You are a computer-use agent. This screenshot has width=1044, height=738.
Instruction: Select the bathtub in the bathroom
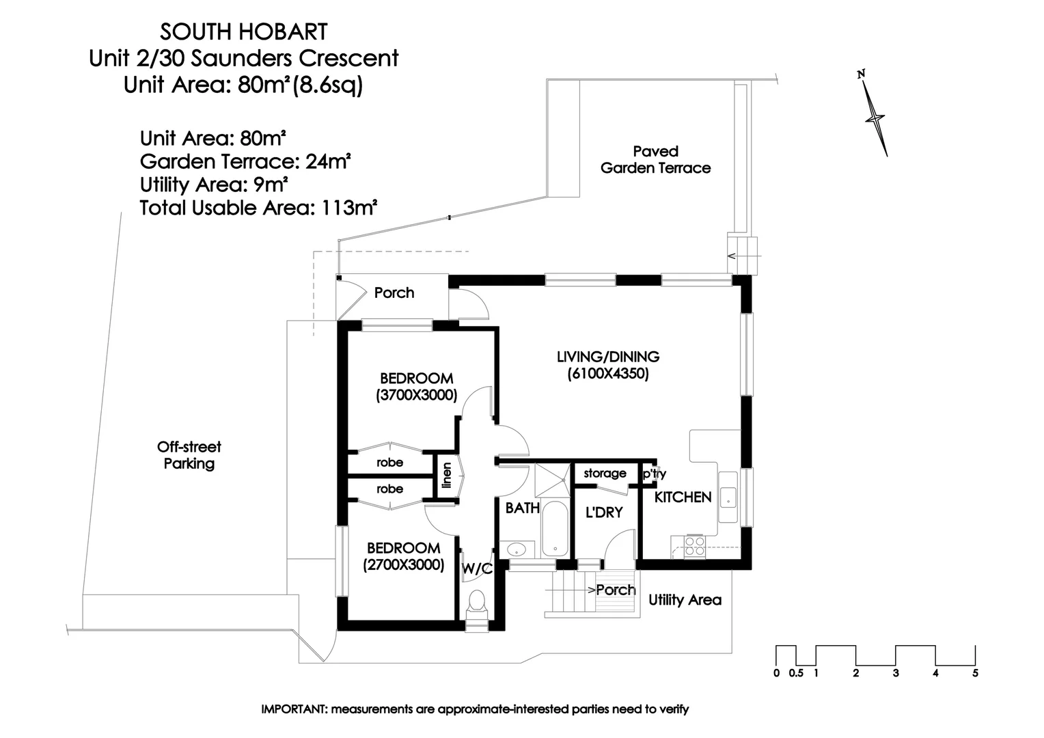[555, 530]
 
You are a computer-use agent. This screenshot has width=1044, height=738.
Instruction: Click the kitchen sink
[728, 496]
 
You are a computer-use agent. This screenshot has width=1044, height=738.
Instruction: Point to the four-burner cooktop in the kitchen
[695, 545]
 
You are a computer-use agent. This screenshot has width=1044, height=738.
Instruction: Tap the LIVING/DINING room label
[607, 357]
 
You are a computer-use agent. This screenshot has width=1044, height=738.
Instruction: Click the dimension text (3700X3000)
[416, 395]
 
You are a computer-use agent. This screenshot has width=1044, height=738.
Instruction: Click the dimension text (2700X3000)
[403, 565]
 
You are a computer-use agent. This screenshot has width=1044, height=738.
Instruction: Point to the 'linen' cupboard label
[447, 476]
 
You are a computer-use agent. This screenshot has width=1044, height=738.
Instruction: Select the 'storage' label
[605, 473]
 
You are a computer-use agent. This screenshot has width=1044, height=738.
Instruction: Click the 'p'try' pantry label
[653, 474]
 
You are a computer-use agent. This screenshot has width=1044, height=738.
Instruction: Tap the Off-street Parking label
[189, 455]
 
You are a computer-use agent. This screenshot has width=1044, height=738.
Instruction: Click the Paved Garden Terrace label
[655, 160]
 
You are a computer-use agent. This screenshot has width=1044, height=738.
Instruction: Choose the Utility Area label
[685, 600]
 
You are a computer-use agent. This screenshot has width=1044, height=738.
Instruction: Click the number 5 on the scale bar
[975, 673]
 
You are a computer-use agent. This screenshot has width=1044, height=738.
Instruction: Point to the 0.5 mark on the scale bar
[796, 673]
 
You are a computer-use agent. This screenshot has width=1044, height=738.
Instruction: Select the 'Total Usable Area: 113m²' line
[258, 208]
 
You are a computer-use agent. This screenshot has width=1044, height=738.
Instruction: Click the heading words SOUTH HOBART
[243, 31]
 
